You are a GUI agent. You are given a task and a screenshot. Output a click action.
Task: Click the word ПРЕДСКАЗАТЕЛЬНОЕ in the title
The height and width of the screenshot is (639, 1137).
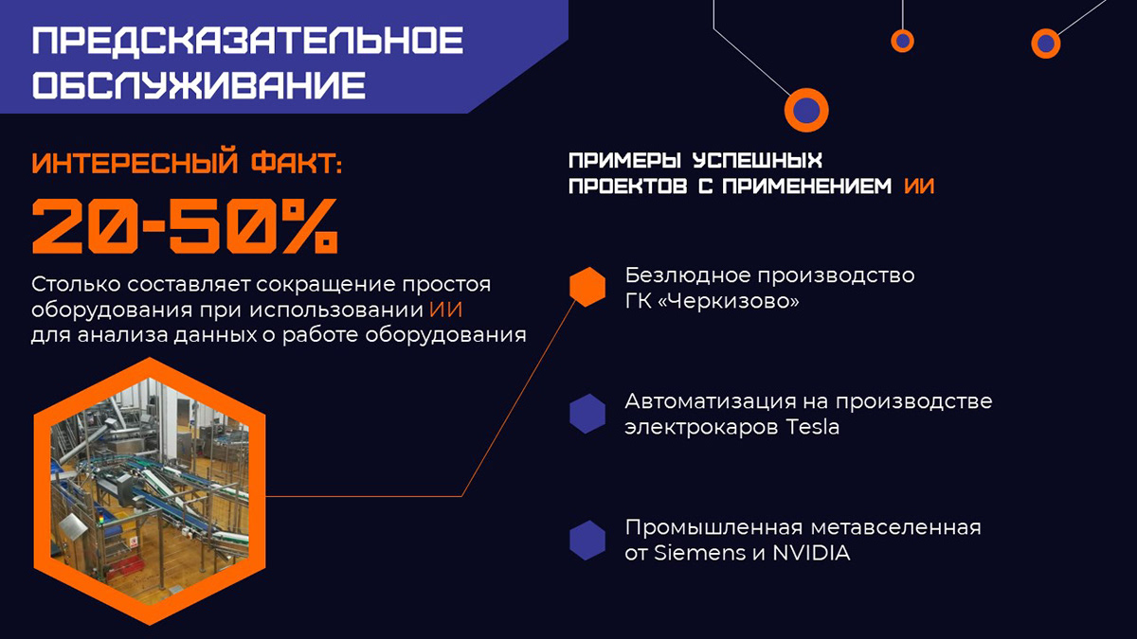coord(247,43)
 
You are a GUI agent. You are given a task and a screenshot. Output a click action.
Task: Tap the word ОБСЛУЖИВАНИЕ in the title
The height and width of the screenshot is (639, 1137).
coord(199,85)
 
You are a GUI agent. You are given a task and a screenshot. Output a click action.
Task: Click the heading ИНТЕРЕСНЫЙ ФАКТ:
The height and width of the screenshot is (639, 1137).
coord(187,163)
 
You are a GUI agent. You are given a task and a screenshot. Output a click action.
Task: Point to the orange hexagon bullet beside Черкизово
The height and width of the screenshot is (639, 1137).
coord(587,287)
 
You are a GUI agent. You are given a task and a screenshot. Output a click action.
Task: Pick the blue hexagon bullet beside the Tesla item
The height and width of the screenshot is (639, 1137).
coord(587,414)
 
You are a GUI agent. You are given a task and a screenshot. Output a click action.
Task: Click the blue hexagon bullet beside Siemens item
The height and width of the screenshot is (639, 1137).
coord(587,540)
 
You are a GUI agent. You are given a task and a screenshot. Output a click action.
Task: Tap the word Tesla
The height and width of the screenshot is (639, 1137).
coord(813,427)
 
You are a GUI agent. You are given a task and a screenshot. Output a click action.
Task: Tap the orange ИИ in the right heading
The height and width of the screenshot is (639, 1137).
coord(919,186)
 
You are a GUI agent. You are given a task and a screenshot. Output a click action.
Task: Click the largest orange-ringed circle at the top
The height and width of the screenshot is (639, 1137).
coord(806,109)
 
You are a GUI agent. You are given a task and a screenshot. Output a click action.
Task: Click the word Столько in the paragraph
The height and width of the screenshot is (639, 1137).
coord(71,284)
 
